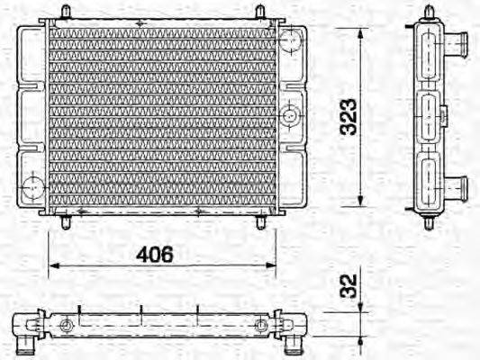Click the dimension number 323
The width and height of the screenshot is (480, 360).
click(348, 116)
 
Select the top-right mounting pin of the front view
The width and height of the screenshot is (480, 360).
click(260, 13)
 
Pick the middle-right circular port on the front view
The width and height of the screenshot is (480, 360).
click(290, 115)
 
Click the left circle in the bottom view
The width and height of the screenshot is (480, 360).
click(65, 325)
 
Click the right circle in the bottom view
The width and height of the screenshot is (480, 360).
click(261, 325)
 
